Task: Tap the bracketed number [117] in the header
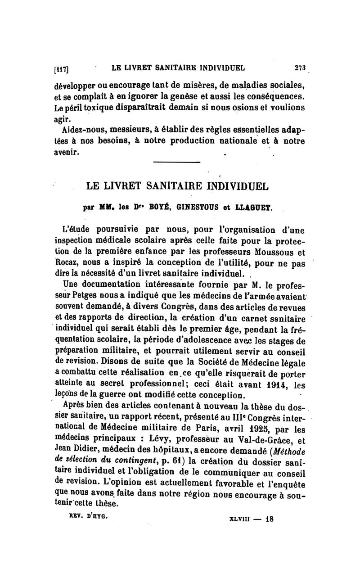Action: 62,69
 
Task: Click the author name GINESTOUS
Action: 198,208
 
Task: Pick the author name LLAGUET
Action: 253,208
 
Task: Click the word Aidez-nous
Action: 83,131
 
